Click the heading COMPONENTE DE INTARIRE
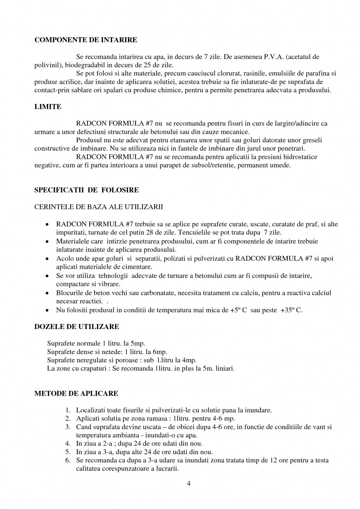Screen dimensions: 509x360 point(86,40)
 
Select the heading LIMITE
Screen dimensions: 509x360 point(48,107)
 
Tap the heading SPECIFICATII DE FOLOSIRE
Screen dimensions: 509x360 point(86,191)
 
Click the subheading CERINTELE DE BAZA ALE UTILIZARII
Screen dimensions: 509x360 point(99,207)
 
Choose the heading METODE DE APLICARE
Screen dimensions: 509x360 point(76,393)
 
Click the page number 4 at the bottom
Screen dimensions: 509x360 point(189,484)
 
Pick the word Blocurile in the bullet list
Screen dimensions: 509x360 point(70,293)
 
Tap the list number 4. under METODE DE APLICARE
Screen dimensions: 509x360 point(68,444)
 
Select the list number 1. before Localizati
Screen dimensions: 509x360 point(68,410)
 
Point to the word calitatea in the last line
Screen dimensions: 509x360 point(88,469)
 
